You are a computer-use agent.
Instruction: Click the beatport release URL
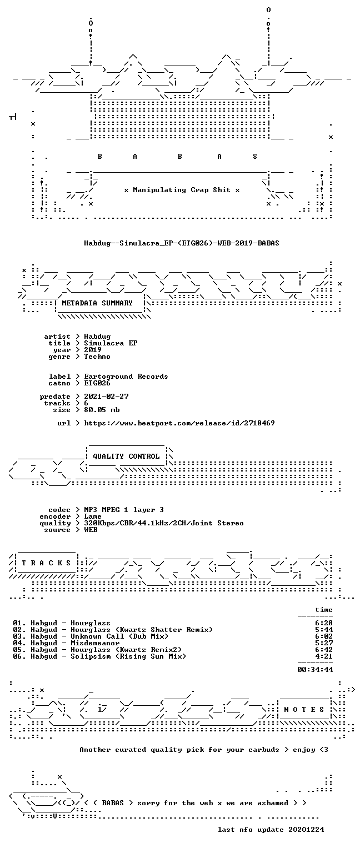[179, 423]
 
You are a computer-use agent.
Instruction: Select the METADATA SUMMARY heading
[97, 303]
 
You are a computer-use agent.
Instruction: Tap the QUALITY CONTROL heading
[126, 456]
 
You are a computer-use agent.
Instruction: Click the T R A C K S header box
[46, 563]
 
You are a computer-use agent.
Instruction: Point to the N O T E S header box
[304, 709]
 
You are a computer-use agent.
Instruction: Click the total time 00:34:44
[315, 669]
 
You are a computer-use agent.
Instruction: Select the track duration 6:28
[324, 623]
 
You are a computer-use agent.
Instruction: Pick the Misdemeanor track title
[95, 643]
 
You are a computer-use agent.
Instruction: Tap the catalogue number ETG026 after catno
[97, 383]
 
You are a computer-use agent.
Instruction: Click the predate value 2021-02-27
[106, 397]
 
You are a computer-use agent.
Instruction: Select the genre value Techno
[97, 357]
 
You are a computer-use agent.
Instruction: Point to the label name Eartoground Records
[126, 377]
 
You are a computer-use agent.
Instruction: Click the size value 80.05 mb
[102, 410]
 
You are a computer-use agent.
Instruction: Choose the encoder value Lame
[93, 516]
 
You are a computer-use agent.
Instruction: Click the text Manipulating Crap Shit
[182, 190]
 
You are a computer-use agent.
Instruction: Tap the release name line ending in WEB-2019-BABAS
[182, 243]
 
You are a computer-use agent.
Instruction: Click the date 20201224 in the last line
[306, 829]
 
